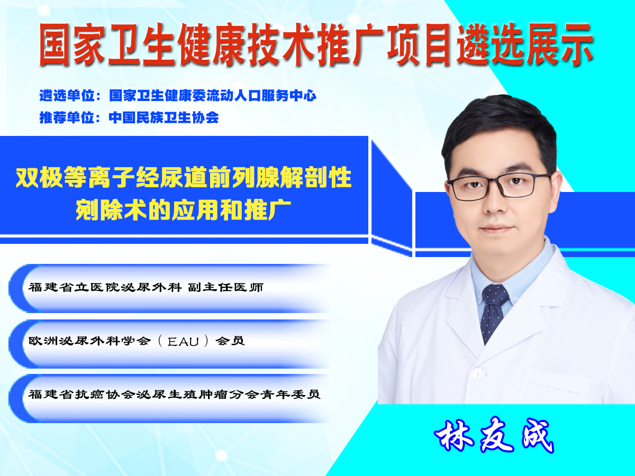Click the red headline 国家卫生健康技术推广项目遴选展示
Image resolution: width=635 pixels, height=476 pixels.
(316, 45)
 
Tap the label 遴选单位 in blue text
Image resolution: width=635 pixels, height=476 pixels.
(67, 95)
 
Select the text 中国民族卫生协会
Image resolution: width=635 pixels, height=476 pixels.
(164, 117)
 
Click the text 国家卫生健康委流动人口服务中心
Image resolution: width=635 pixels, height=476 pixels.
(213, 95)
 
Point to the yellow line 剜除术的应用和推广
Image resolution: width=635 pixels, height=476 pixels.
(183, 209)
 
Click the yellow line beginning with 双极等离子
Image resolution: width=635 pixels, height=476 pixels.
(184, 177)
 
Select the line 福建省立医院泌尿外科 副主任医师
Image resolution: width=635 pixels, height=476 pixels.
(146, 287)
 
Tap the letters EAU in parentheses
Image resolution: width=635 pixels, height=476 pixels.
(183, 342)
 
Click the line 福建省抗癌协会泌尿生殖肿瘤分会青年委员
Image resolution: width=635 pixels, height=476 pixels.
(174, 394)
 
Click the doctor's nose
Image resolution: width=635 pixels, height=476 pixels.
(495, 203)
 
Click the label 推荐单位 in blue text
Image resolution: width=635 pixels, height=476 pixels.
(67, 117)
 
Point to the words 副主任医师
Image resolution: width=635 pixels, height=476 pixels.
(225, 287)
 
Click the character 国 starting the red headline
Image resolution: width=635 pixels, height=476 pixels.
(54, 45)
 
